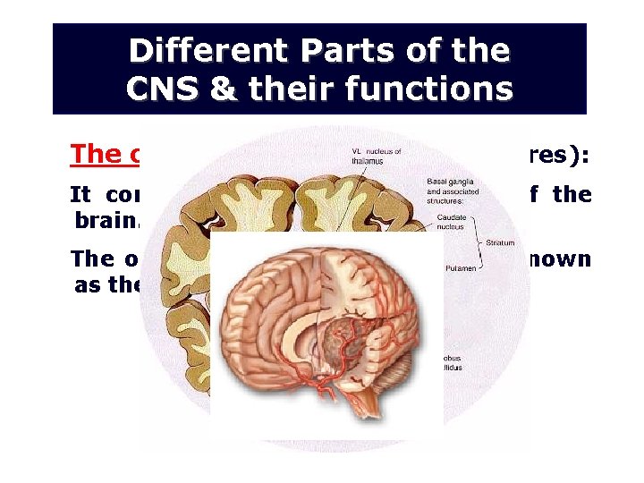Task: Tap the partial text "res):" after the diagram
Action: click(559, 154)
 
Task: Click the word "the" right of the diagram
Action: click(572, 194)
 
